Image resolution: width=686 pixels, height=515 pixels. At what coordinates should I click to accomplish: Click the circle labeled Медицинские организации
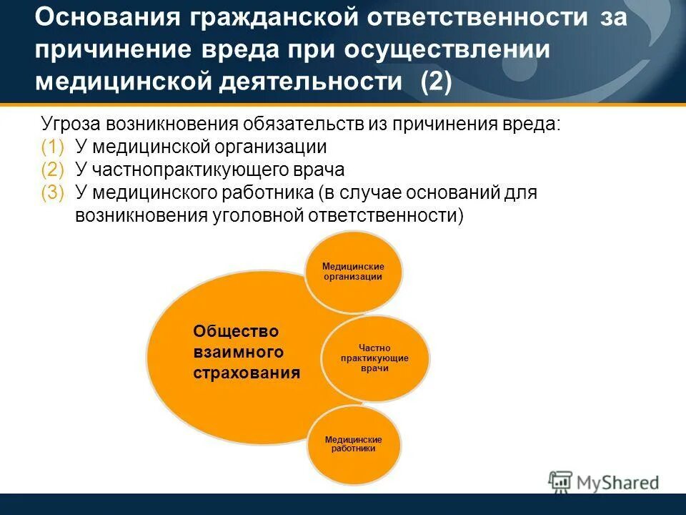click(x=353, y=272)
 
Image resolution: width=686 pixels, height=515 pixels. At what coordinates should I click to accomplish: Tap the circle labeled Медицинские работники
click(x=353, y=444)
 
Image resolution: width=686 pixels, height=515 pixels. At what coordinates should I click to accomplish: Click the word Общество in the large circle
click(x=235, y=331)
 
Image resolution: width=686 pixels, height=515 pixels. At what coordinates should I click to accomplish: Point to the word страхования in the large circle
click(x=247, y=373)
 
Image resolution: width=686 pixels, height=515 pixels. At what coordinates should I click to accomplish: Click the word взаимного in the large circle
click(x=238, y=352)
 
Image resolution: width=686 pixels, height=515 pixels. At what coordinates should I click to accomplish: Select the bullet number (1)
click(x=52, y=147)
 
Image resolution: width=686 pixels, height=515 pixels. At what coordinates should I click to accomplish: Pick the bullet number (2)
click(x=52, y=170)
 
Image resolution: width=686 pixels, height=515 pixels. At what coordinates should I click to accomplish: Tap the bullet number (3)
click(x=52, y=193)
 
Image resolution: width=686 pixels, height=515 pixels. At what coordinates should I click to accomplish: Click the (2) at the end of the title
click(x=435, y=82)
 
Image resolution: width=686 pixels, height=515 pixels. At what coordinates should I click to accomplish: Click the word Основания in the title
click(x=106, y=18)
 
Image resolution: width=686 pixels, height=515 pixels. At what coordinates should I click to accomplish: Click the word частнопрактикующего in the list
click(x=189, y=170)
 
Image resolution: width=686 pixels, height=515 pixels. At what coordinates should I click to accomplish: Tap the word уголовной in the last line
click(x=253, y=216)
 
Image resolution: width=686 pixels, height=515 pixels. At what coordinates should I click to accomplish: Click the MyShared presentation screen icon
click(x=561, y=481)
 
